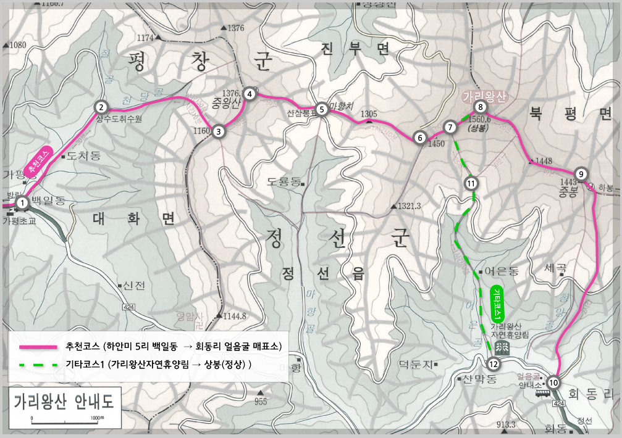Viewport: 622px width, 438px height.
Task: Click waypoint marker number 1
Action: point(22,202)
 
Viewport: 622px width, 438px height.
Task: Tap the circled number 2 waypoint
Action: point(102,106)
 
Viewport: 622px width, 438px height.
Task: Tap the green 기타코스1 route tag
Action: point(498,302)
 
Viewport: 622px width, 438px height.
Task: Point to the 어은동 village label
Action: point(501,271)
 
